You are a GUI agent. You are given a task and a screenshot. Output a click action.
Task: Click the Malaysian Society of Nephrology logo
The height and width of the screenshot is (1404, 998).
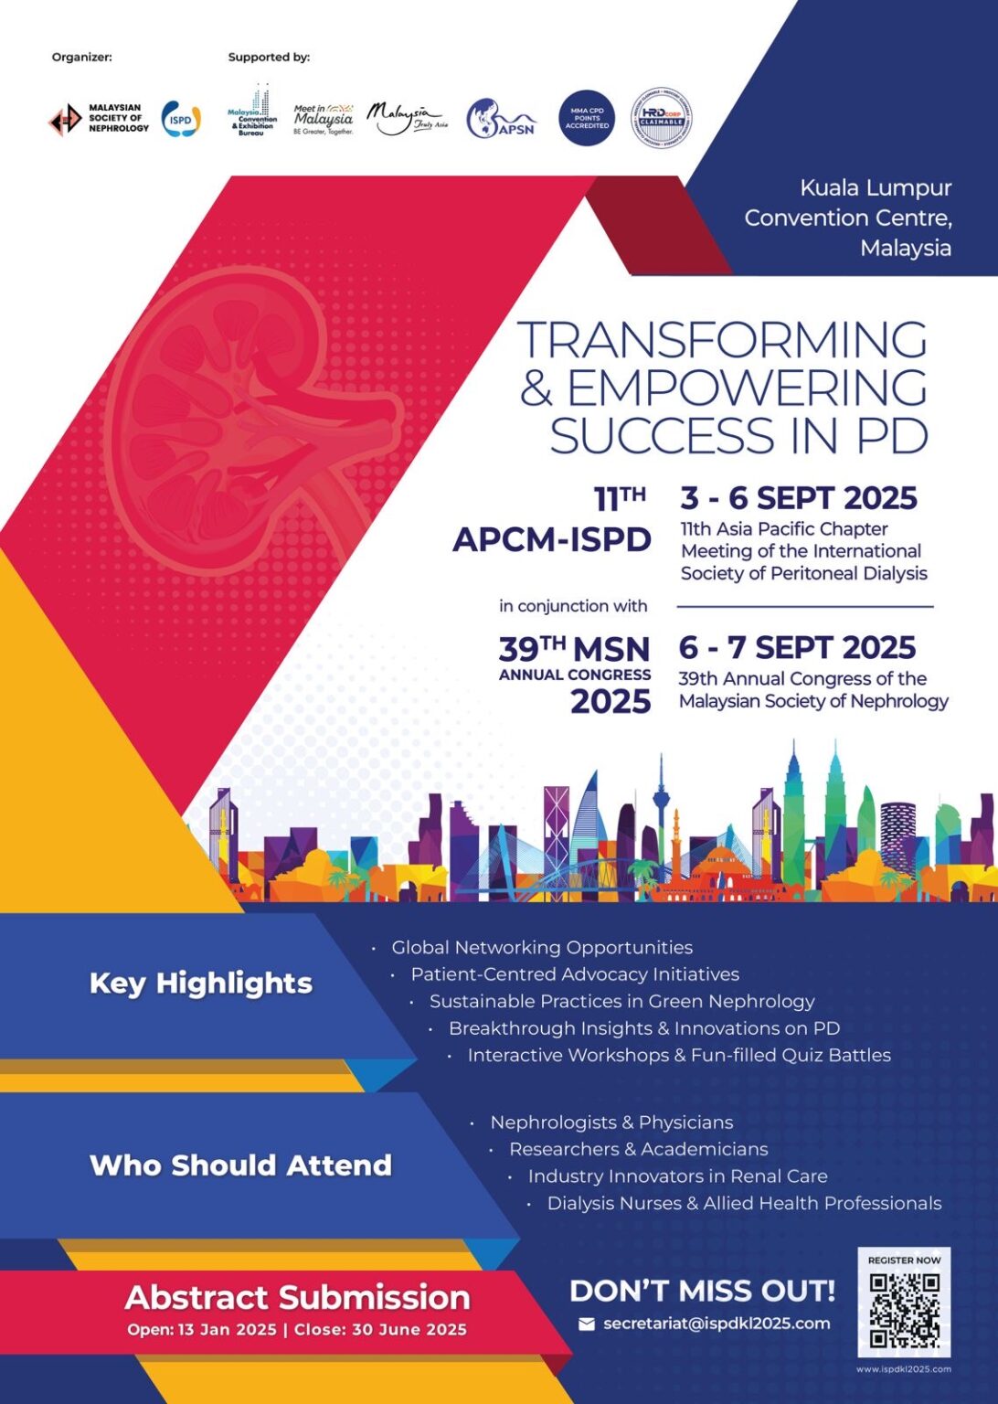(98, 119)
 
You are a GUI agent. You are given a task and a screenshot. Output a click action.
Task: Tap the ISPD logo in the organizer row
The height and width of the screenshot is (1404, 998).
(181, 119)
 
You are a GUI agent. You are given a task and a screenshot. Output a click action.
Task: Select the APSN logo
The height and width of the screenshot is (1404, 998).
(500, 120)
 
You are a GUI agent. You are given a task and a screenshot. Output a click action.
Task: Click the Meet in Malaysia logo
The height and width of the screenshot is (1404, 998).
(324, 120)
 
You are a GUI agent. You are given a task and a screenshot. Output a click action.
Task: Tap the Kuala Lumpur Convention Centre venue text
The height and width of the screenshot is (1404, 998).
(847, 218)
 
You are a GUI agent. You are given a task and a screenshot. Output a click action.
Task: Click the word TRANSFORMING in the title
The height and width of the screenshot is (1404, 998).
(722, 340)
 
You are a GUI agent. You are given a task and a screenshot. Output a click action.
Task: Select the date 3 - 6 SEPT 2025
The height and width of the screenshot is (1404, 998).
(798, 498)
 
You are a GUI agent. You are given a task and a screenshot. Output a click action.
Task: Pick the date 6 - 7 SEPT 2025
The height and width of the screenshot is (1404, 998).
(796, 647)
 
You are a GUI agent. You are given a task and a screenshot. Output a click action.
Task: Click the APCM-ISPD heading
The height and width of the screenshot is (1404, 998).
(552, 539)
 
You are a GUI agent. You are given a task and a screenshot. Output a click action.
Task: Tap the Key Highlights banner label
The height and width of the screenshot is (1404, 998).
(201, 983)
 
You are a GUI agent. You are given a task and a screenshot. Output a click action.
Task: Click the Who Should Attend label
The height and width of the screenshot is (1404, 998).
(240, 1165)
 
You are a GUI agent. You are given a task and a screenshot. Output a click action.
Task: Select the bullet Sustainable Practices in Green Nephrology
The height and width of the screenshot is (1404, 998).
(621, 1001)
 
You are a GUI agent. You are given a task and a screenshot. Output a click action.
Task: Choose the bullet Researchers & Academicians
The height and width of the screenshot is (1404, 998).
(638, 1149)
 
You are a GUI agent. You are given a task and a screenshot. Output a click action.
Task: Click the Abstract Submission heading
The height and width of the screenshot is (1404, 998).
(297, 1297)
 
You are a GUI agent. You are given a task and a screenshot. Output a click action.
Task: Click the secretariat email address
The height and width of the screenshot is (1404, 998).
(717, 1324)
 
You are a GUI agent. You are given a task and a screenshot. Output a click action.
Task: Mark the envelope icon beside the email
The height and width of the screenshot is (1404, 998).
(587, 1324)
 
